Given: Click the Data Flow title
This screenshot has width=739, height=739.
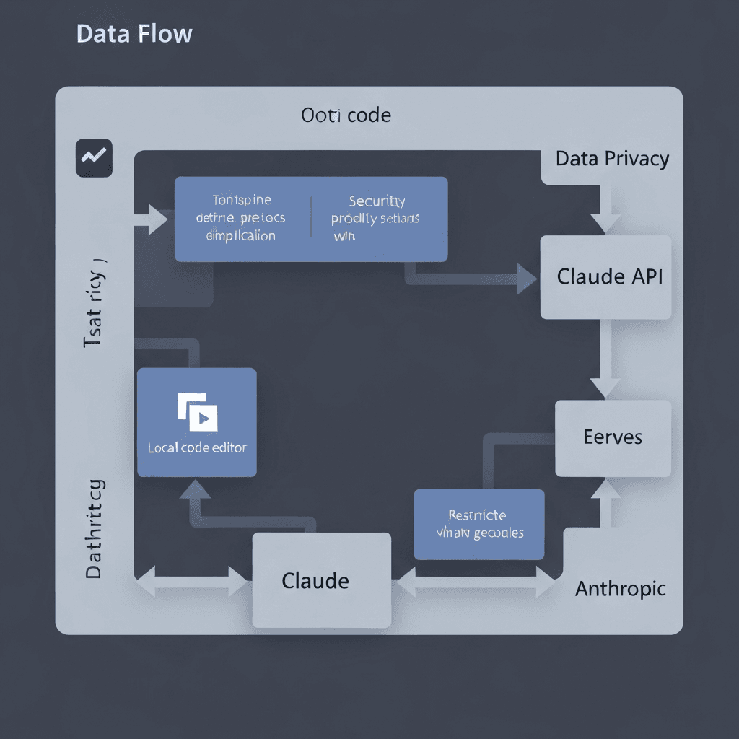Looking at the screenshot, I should [134, 33].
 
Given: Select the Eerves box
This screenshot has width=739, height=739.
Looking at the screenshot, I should [612, 437].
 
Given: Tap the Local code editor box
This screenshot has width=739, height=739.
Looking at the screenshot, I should [196, 422].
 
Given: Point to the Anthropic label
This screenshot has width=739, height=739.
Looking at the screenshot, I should [620, 589].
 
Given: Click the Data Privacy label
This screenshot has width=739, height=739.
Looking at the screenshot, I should [612, 159].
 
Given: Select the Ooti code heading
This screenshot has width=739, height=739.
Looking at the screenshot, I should [346, 115].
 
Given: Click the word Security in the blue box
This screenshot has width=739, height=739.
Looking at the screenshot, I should [377, 201].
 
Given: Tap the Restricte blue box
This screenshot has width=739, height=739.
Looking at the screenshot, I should [478, 524].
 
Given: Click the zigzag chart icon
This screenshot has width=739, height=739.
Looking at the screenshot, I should [94, 157].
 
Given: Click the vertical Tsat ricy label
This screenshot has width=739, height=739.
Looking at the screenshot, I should [95, 303].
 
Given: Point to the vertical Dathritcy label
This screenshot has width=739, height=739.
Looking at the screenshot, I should [95, 528].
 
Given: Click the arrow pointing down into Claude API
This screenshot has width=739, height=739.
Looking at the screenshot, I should [605, 220].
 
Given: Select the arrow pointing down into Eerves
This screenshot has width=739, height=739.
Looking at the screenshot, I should [605, 386].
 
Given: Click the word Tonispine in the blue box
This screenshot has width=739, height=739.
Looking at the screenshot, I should [242, 200].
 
